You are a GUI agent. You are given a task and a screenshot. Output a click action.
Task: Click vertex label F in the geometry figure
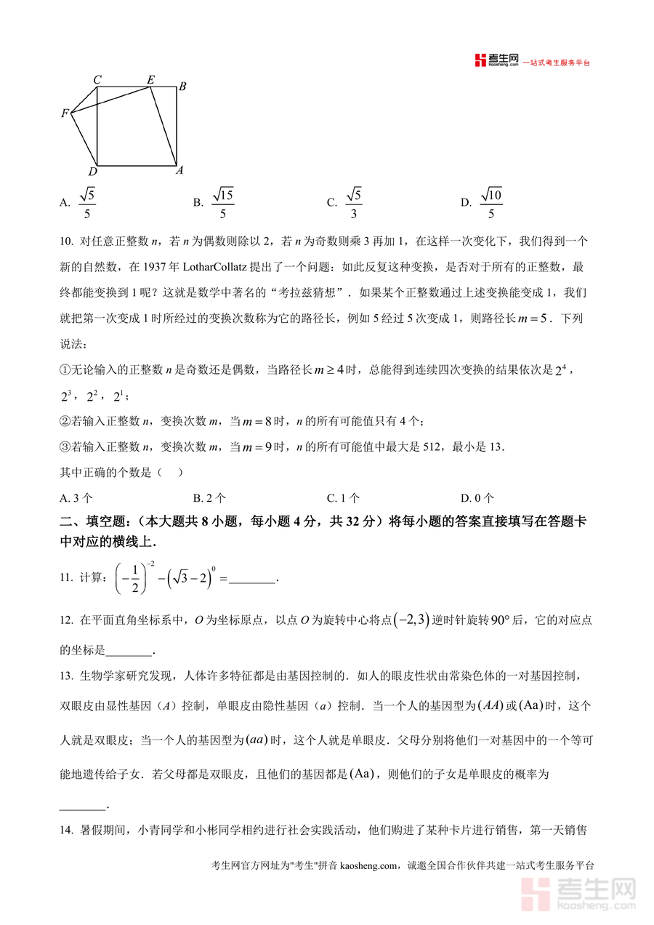click(65, 113)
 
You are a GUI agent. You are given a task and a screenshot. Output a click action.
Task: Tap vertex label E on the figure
click(150, 79)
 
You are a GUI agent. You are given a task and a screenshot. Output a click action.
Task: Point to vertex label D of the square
click(92, 172)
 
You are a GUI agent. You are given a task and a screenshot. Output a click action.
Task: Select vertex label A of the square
click(179, 170)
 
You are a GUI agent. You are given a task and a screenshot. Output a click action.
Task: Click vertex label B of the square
click(182, 87)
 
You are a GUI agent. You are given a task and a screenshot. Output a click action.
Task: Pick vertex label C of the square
click(97, 79)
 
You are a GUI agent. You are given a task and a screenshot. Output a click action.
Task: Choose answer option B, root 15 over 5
click(222, 203)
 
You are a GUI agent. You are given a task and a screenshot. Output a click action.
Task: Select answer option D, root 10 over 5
click(490, 203)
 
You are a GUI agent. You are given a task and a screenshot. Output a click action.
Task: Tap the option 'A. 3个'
click(76, 498)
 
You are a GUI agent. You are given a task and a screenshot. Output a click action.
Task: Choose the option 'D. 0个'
click(477, 498)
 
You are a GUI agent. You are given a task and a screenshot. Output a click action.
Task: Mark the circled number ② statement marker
click(65, 422)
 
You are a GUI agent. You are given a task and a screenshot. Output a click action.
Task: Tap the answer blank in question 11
click(253, 579)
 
